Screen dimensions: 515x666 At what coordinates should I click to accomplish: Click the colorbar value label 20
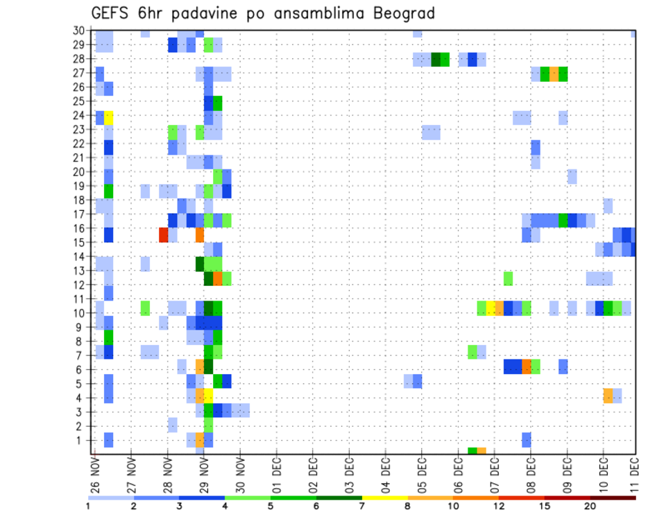pyautogui.click(x=590, y=506)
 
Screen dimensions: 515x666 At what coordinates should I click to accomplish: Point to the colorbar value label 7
pyautogui.click(x=362, y=506)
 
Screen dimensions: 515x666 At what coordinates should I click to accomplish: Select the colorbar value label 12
pyautogui.click(x=499, y=506)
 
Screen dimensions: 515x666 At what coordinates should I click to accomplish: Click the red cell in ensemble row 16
pyautogui.click(x=164, y=235)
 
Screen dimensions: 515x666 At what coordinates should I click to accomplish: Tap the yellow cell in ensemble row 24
pyautogui.click(x=109, y=117)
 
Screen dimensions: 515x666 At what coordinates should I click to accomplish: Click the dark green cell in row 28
pyautogui.click(x=436, y=59)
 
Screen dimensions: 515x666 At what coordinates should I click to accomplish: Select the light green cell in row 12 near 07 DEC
pyautogui.click(x=509, y=278)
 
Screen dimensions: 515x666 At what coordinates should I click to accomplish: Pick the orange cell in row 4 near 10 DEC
pyautogui.click(x=608, y=395)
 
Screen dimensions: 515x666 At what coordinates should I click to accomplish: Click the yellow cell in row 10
pyautogui.click(x=490, y=307)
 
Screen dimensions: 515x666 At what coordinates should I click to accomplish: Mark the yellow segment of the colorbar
pyautogui.click(x=384, y=497)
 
